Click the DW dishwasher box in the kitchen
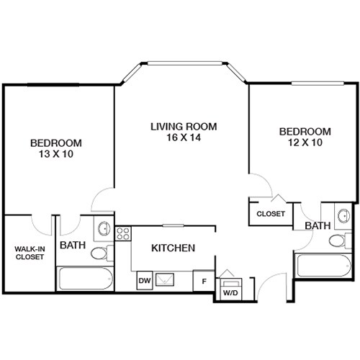[x=144, y=279]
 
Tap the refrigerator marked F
[x=204, y=281]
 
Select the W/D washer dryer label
[x=230, y=294]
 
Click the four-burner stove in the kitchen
[x=122, y=233]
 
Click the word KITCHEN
[x=173, y=248]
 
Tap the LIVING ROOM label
[x=183, y=127]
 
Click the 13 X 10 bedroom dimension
[x=55, y=154]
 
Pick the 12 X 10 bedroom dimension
[x=305, y=143]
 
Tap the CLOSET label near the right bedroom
[x=271, y=214]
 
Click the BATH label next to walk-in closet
[x=73, y=246]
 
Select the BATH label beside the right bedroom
[x=317, y=226]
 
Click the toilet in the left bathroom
[x=102, y=252]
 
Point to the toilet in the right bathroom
[x=335, y=239]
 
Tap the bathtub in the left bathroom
[x=85, y=279]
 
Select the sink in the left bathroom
[x=104, y=229]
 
